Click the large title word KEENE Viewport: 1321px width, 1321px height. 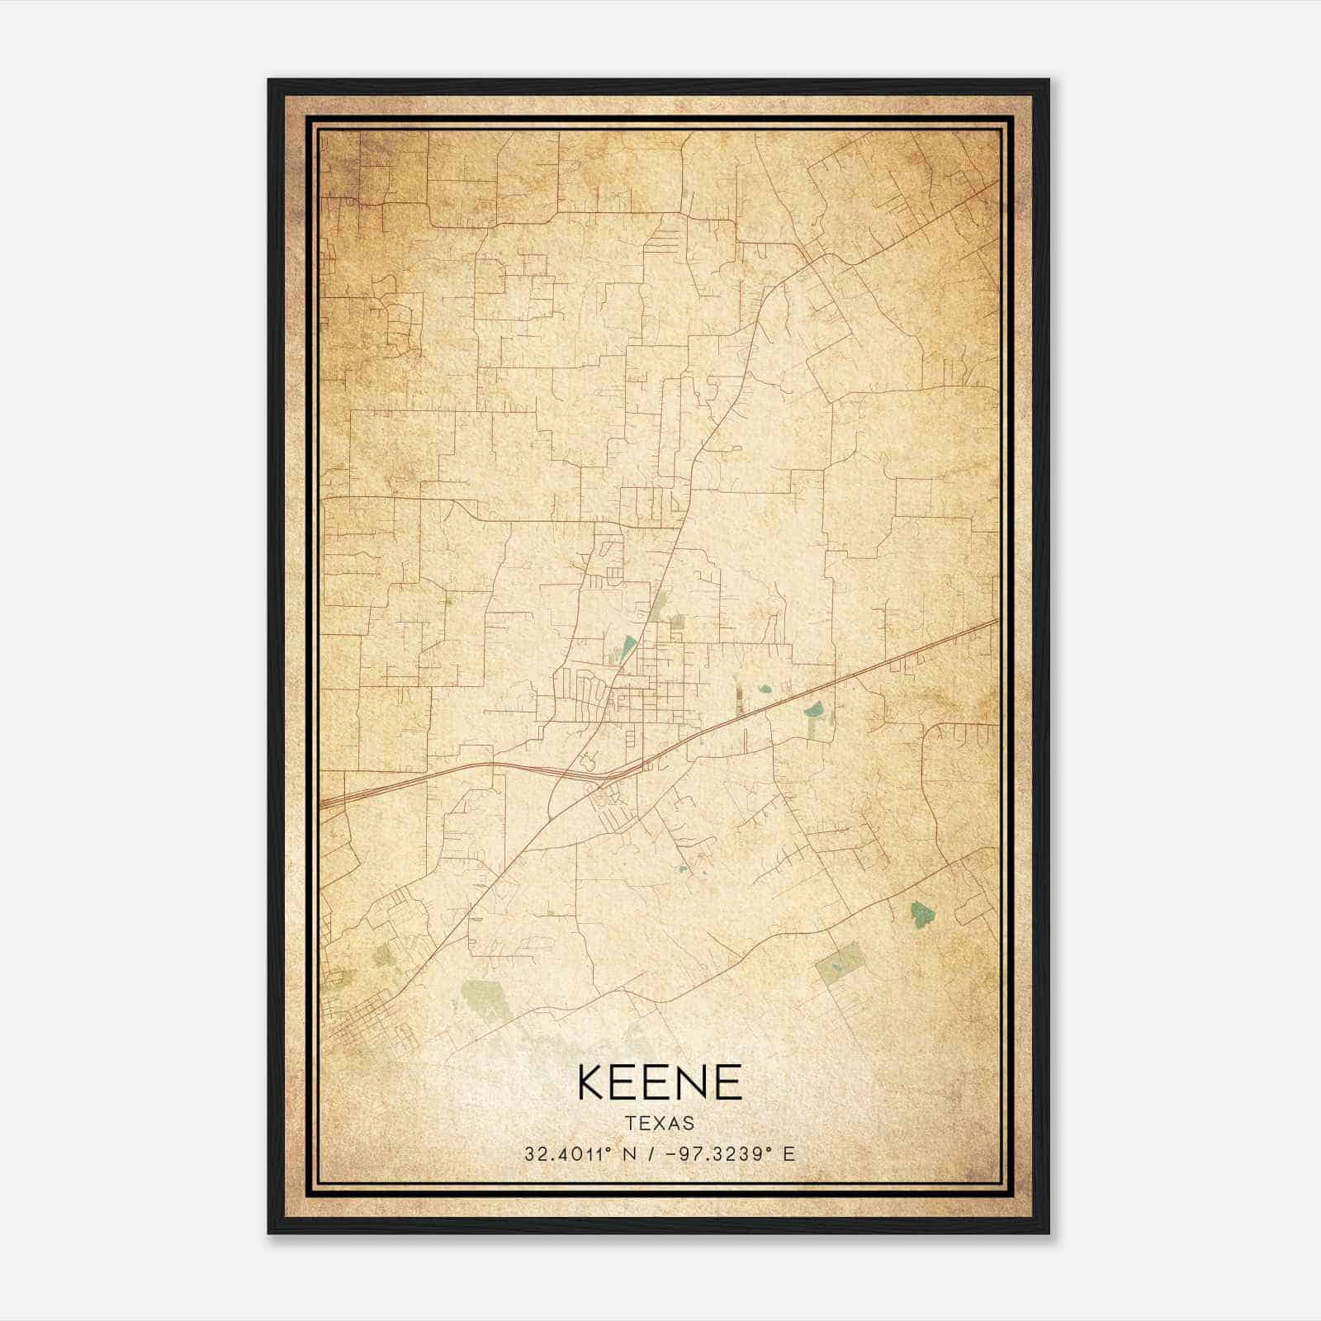point(660,1082)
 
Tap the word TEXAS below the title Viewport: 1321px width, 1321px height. point(660,1124)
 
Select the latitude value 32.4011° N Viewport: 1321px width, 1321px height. point(577,1154)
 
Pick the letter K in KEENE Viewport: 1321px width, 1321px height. point(593,1082)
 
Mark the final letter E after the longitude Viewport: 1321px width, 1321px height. point(789,1154)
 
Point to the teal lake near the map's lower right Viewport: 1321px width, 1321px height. point(921,912)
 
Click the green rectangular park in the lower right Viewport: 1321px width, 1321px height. point(840,962)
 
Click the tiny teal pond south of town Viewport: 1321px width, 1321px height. point(681,869)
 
